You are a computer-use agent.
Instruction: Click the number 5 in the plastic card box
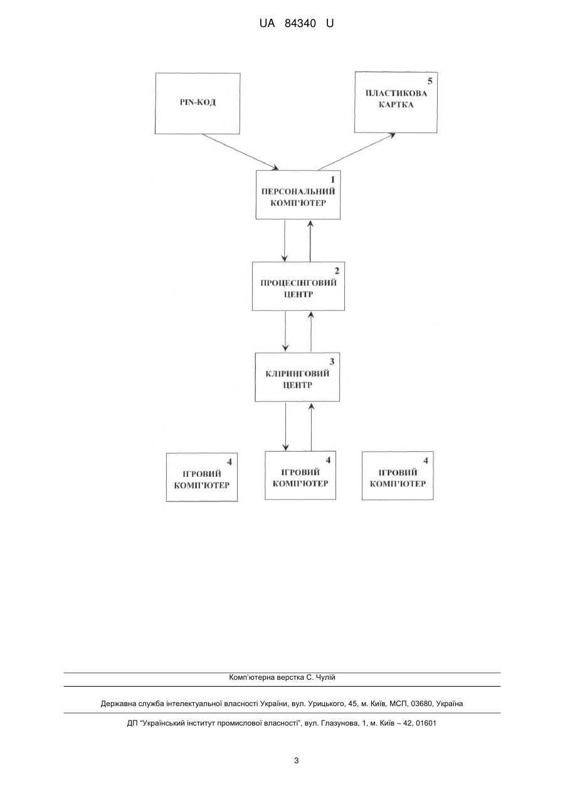(x=430, y=82)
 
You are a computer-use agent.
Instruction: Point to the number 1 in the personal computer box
(x=332, y=180)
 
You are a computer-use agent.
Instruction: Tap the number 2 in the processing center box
(x=337, y=271)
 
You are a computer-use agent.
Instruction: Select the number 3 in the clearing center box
(x=332, y=362)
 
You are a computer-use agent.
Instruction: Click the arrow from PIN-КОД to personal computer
(x=241, y=152)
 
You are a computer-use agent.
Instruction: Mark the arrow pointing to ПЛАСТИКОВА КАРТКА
(x=356, y=152)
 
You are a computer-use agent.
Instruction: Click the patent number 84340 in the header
(x=300, y=24)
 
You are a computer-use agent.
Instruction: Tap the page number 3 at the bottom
(x=296, y=761)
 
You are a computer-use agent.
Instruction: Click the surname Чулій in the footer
(x=325, y=677)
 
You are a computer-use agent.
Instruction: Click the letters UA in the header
(x=267, y=24)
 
